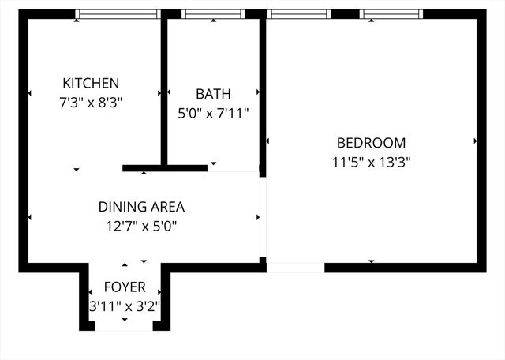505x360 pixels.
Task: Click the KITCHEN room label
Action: pos(91,83)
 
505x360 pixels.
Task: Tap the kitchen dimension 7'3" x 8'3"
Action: pos(91,102)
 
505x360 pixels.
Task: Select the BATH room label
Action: pos(213,94)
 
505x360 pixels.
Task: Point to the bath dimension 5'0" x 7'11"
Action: pos(213,113)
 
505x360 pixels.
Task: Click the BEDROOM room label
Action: pos(371,143)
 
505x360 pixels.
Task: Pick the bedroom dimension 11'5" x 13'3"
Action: pos(371,162)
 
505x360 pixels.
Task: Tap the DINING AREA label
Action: pos(141,208)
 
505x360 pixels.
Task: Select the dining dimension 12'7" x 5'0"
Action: pos(141,227)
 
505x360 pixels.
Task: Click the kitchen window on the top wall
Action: pos(118,14)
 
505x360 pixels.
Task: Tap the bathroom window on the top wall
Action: pos(212,14)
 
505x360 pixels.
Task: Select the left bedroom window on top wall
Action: pos(298,14)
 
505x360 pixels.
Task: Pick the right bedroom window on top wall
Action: pos(391,14)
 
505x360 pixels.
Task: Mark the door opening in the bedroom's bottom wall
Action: pos(295,268)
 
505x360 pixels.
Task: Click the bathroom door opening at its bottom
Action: pos(234,168)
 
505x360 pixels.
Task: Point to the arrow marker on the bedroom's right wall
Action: pos(476,141)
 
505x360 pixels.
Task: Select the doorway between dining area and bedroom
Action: pos(263,217)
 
